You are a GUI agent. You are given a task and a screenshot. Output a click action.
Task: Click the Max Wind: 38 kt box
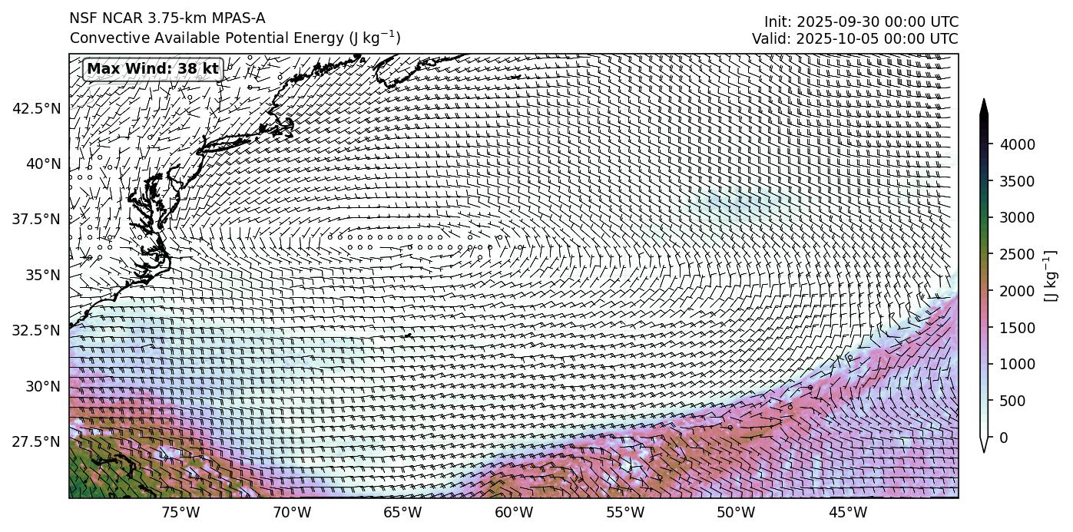(x=153, y=69)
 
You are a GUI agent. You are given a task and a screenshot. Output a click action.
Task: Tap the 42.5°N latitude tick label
(x=36, y=108)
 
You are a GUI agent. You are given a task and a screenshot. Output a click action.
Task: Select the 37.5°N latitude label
(x=36, y=220)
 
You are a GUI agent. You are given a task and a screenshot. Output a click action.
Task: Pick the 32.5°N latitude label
(x=36, y=331)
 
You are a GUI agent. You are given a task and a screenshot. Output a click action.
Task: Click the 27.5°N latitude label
(x=36, y=442)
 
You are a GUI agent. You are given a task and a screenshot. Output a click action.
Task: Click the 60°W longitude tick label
(x=514, y=513)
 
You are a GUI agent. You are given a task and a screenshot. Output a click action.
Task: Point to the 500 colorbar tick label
(x=1015, y=401)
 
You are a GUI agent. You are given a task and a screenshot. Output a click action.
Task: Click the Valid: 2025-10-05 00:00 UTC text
(x=855, y=38)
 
